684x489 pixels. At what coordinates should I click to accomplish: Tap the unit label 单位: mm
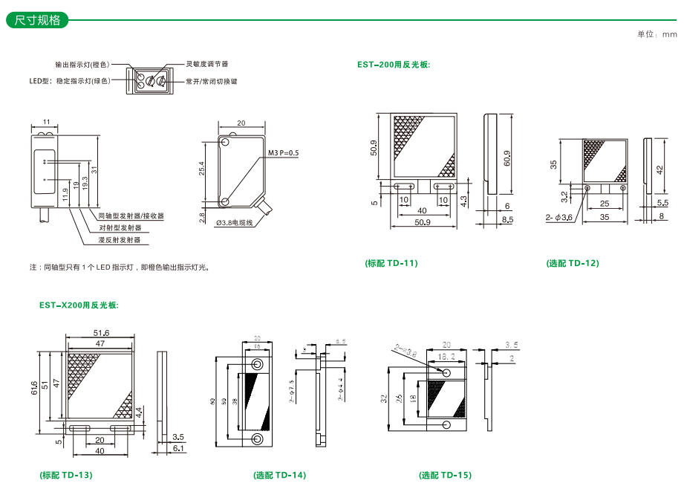pyautogui.click(x=657, y=34)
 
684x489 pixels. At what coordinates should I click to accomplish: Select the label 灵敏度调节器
pyautogui.click(x=206, y=65)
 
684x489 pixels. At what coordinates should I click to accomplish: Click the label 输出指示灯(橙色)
pyautogui.click(x=82, y=65)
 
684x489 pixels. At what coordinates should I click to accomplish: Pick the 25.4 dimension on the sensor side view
pyautogui.click(x=201, y=169)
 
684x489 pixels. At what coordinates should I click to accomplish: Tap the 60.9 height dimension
pyautogui.click(x=507, y=157)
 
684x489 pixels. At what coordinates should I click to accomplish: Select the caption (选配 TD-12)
pyautogui.click(x=573, y=263)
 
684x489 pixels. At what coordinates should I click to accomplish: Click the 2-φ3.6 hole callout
pyautogui.click(x=558, y=218)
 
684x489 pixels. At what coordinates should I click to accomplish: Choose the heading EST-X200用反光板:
pyautogui.click(x=79, y=305)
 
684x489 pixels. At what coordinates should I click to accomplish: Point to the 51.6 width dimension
pyautogui.click(x=101, y=332)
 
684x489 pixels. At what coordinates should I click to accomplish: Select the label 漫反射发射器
pyautogui.click(x=120, y=240)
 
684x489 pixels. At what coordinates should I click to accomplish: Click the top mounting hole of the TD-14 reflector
pyautogui.click(x=257, y=364)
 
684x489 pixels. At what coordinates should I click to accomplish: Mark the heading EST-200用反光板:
pyautogui.click(x=394, y=65)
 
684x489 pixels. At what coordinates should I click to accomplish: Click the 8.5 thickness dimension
pyautogui.click(x=507, y=221)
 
